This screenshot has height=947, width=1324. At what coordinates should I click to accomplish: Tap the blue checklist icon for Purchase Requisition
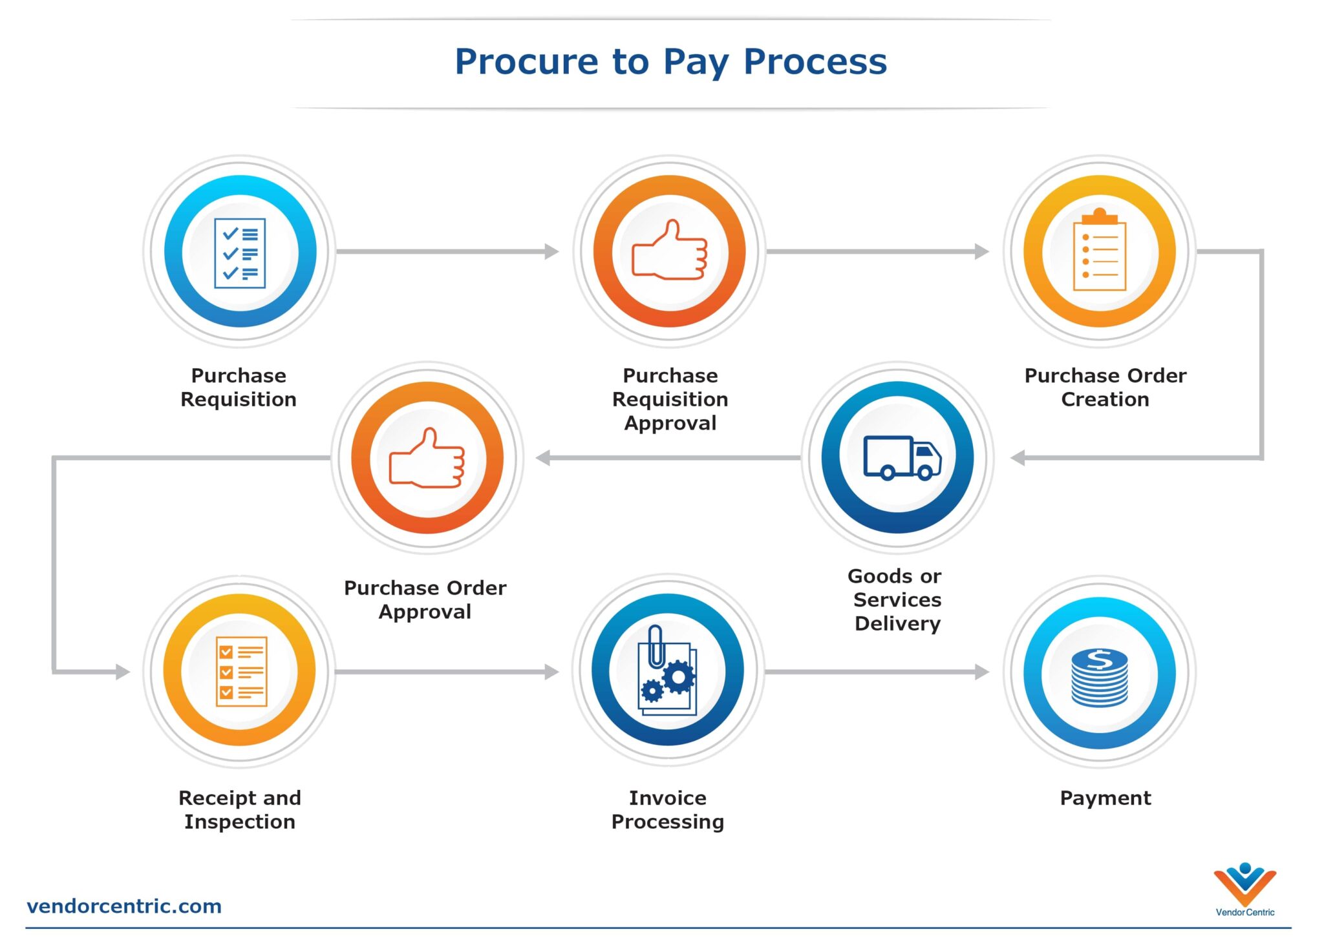click(x=240, y=253)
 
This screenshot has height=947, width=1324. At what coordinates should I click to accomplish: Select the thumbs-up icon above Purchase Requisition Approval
click(x=670, y=251)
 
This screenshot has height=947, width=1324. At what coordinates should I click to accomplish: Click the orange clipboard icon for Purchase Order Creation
click(x=1099, y=251)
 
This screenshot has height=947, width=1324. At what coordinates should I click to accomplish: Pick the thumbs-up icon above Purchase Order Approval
click(x=427, y=458)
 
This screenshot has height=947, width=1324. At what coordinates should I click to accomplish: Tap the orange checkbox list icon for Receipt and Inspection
click(x=240, y=671)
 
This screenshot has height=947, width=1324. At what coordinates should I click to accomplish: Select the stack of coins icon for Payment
click(x=1099, y=677)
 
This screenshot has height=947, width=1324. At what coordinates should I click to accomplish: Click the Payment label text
click(x=1105, y=798)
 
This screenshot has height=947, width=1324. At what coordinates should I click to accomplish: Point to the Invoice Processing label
click(x=668, y=810)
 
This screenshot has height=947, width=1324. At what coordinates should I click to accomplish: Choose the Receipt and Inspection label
click(x=240, y=810)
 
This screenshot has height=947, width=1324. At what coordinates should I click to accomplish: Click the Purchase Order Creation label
click(x=1105, y=388)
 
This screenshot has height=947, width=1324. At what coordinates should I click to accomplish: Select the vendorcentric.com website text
click(x=124, y=906)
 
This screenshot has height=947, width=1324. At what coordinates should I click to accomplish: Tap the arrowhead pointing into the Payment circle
click(x=981, y=672)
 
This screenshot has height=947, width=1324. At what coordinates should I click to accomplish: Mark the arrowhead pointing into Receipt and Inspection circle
click(x=123, y=672)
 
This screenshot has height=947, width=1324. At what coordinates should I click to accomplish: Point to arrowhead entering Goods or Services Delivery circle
click(x=1018, y=458)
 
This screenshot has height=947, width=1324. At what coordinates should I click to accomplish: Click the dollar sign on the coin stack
click(x=1099, y=659)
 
